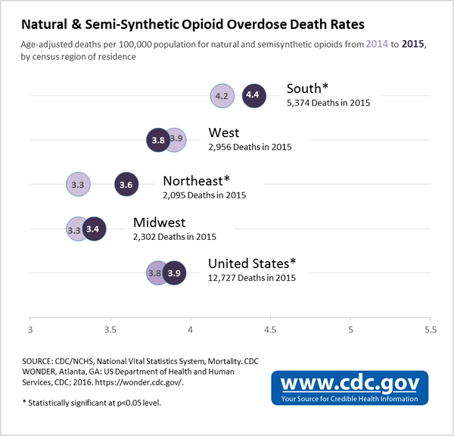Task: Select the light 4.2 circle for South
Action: click(x=222, y=95)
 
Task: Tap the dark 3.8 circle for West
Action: click(x=158, y=139)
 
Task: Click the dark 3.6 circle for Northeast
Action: click(x=126, y=184)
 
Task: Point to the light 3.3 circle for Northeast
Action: click(x=77, y=184)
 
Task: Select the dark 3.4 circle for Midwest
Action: click(x=93, y=228)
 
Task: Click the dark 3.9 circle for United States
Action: click(x=174, y=272)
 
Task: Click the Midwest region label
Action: click(x=159, y=223)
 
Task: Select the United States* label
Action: click(x=252, y=263)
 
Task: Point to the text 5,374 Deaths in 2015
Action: click(x=328, y=103)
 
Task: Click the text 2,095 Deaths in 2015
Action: click(x=204, y=195)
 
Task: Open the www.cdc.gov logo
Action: click(x=350, y=386)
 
